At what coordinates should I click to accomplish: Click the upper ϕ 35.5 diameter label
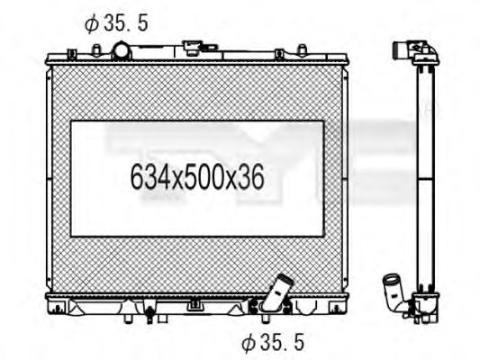pyautogui.click(x=115, y=23)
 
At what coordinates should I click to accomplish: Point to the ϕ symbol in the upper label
pyautogui.click(x=92, y=23)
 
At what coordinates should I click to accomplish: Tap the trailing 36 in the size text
pyautogui.click(x=252, y=177)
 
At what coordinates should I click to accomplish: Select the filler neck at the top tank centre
pyautogui.click(x=194, y=45)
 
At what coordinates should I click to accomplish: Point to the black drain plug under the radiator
pyautogui.click(x=149, y=315)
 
